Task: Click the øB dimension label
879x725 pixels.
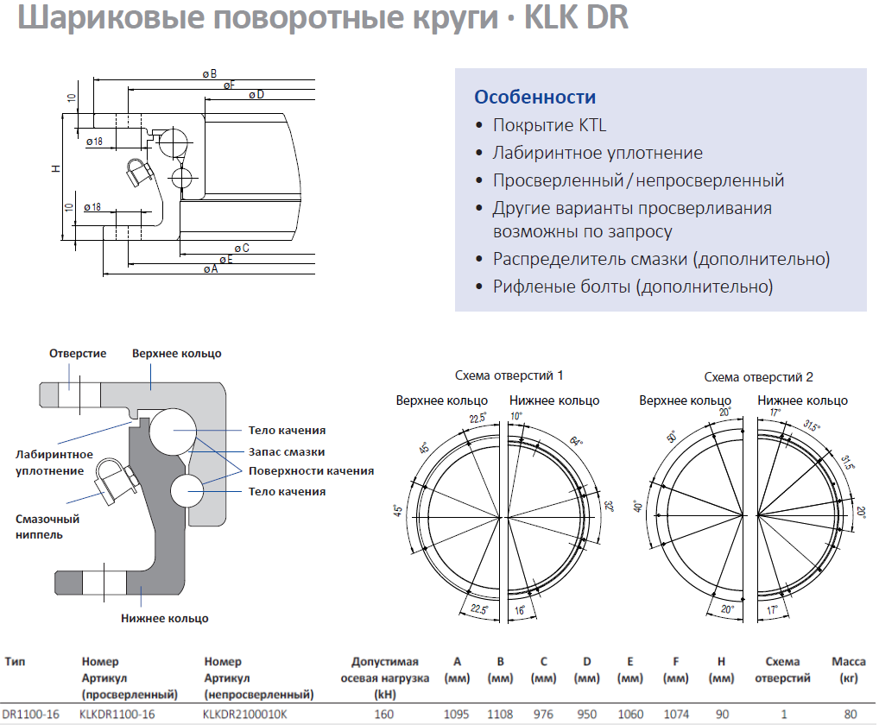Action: pos(210,74)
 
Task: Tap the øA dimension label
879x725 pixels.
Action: pos(211,269)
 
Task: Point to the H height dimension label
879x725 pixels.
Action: pos(55,168)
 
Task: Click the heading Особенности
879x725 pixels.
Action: pos(534,97)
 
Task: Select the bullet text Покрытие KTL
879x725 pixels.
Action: pos(549,125)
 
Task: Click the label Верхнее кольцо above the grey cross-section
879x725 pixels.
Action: pos(177,354)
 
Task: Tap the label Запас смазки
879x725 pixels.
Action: pos(287,451)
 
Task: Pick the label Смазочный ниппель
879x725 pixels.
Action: pos(47,526)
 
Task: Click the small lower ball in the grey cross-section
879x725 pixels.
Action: pos(187,490)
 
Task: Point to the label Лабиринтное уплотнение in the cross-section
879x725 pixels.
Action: pos(54,463)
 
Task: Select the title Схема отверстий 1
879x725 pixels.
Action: pos(509,375)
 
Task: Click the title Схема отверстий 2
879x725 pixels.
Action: pos(758,377)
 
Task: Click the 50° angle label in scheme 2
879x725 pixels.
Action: pos(671,437)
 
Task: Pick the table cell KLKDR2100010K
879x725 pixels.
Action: pos(245,715)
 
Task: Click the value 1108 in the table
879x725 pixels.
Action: pos(500,715)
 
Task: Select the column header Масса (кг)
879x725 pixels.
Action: pos(849,670)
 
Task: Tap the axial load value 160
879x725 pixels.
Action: pos(384,715)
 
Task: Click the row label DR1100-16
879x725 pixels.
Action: pos(31,715)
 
